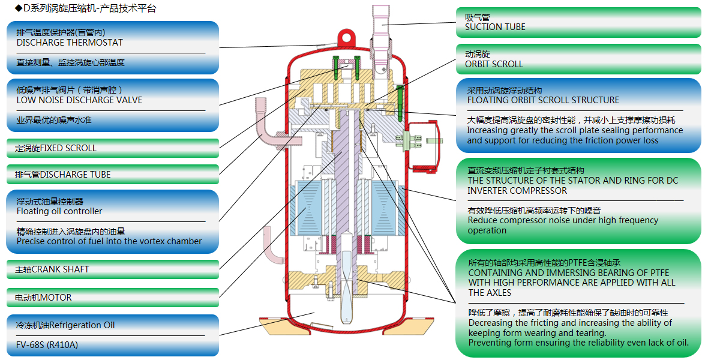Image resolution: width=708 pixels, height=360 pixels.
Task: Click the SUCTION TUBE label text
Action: (495, 27)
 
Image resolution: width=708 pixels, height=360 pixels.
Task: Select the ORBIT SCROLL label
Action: (494, 64)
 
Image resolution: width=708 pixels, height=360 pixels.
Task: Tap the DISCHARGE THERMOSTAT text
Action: (70, 43)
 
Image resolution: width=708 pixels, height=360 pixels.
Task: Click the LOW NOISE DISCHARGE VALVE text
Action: (79, 100)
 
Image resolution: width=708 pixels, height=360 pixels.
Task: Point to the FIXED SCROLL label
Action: (56, 148)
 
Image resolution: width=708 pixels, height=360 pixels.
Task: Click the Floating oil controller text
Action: (59, 211)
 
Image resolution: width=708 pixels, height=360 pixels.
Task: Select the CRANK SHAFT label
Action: (52, 269)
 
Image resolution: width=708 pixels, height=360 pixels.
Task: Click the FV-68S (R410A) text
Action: (47, 345)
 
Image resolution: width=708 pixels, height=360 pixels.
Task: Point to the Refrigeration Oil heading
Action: (65, 325)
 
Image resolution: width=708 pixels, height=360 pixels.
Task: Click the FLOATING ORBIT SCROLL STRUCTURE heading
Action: (543, 100)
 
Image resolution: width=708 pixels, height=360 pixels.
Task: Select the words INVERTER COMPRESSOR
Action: (517, 191)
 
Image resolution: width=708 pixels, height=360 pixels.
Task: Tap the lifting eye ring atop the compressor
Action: (344, 37)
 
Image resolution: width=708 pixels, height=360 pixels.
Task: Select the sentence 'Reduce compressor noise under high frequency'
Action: (563, 220)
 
